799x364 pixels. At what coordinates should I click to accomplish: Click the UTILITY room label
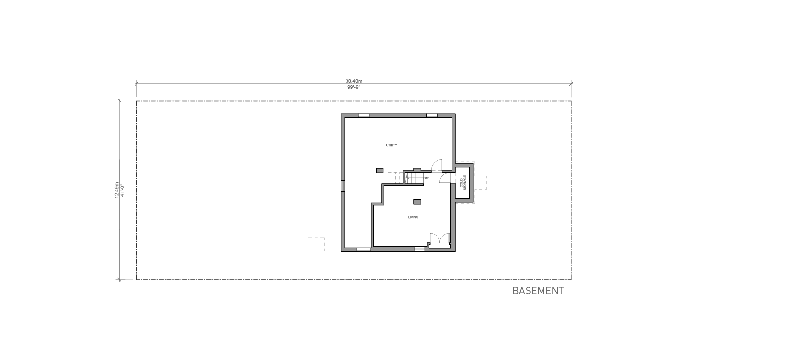391,145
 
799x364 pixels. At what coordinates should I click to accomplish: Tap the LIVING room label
412,217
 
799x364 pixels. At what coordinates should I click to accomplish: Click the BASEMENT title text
538,291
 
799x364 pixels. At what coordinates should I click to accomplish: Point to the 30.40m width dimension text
353,81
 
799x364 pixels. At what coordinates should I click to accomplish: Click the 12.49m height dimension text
116,190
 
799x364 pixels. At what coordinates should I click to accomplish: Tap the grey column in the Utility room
379,170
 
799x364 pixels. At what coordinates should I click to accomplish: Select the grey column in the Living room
417,201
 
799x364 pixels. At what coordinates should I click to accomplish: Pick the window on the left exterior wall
343,186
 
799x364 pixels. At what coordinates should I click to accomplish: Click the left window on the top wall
363,115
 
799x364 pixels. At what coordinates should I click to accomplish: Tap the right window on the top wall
432,115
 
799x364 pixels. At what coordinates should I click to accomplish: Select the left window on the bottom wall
363,249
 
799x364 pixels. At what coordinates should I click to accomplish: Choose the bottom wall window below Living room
419,249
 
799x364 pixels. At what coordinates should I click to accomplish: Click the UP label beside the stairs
426,178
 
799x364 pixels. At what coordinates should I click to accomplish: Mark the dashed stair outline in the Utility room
395,178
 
